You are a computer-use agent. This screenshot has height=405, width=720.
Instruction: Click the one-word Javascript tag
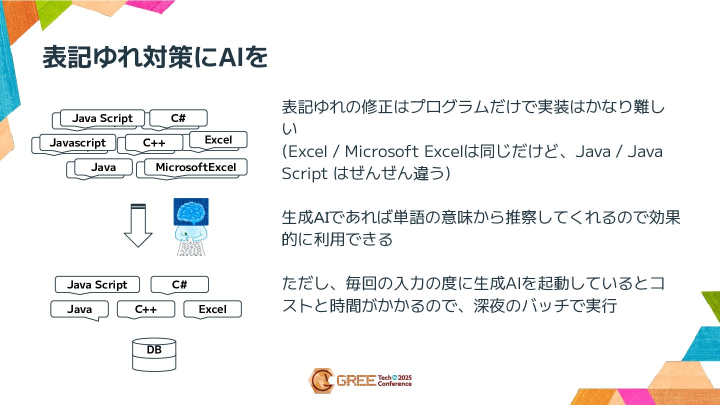click(77, 143)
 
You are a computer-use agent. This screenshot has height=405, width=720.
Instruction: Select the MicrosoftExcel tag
click(195, 167)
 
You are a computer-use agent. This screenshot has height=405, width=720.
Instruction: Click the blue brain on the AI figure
click(191, 212)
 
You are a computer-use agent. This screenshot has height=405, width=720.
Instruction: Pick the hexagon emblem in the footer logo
click(321, 381)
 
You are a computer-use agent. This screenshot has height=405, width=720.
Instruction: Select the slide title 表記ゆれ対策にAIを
click(155, 58)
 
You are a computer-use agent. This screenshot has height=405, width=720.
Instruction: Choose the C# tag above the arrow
click(178, 118)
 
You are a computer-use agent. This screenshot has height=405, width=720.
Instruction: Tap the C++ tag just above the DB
click(146, 309)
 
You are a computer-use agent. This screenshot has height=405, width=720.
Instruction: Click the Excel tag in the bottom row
click(212, 309)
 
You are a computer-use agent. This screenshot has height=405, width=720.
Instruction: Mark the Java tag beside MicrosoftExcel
click(103, 167)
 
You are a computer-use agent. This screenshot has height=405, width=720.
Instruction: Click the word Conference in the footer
click(394, 384)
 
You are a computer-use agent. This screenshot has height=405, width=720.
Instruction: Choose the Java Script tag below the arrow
click(97, 285)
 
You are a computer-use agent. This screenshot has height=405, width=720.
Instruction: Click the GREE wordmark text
click(356, 381)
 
